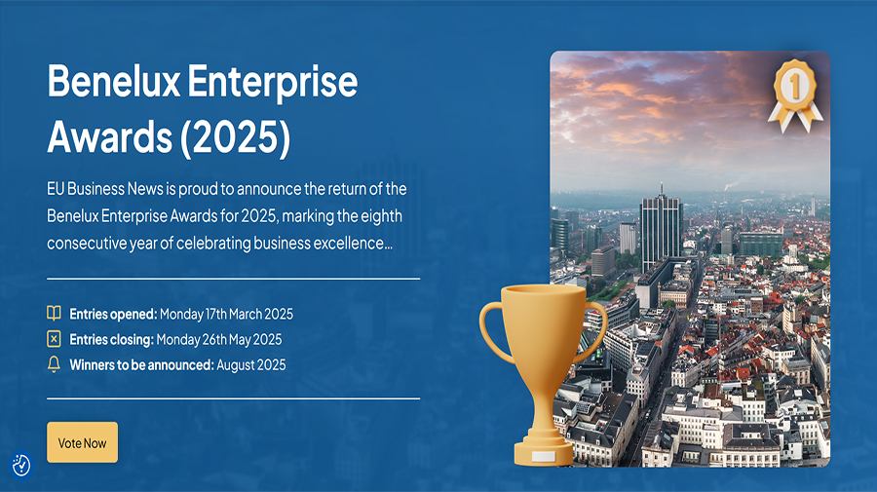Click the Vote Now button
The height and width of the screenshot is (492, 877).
pos(82,442)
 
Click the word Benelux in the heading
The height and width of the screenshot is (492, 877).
pos(111,83)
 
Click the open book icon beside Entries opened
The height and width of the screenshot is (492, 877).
pos(55,314)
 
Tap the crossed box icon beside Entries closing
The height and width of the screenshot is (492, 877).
pos(55,339)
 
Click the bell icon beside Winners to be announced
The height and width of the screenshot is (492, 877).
pos(55,364)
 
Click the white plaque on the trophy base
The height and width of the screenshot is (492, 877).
pos(543,454)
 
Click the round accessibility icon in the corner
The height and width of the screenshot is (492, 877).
pos(21,465)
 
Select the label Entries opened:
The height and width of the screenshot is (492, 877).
pos(113,314)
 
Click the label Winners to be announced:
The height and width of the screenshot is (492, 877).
pos(141,364)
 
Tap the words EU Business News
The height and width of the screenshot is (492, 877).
pos(105,188)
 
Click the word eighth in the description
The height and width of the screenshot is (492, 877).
pos(380,215)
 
